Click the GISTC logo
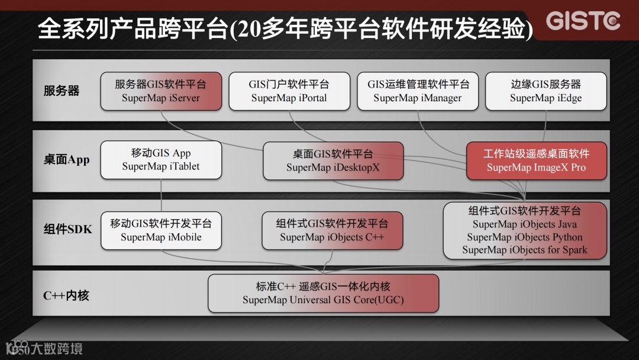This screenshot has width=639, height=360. [x=582, y=21]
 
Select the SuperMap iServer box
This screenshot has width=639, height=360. [x=161, y=91]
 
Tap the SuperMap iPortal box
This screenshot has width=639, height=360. [x=289, y=91]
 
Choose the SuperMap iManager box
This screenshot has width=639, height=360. [x=418, y=91]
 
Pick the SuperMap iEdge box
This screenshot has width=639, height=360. [x=546, y=91]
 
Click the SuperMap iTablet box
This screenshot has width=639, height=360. [x=161, y=160]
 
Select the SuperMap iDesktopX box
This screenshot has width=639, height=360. [x=333, y=160]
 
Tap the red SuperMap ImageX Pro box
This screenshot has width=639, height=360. [x=537, y=160]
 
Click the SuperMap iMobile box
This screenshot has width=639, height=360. [x=161, y=230]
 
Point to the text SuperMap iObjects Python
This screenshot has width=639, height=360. [x=525, y=237]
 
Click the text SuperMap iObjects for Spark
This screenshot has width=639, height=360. [x=525, y=250]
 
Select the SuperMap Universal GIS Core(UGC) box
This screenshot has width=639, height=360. [x=323, y=293]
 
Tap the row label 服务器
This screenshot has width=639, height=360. [x=62, y=91]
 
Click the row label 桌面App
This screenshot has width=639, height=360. [x=66, y=160]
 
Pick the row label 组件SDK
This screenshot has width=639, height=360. [x=67, y=229]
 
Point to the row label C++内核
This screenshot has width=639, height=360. [x=66, y=295]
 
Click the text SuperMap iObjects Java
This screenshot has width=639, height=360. [x=525, y=224]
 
